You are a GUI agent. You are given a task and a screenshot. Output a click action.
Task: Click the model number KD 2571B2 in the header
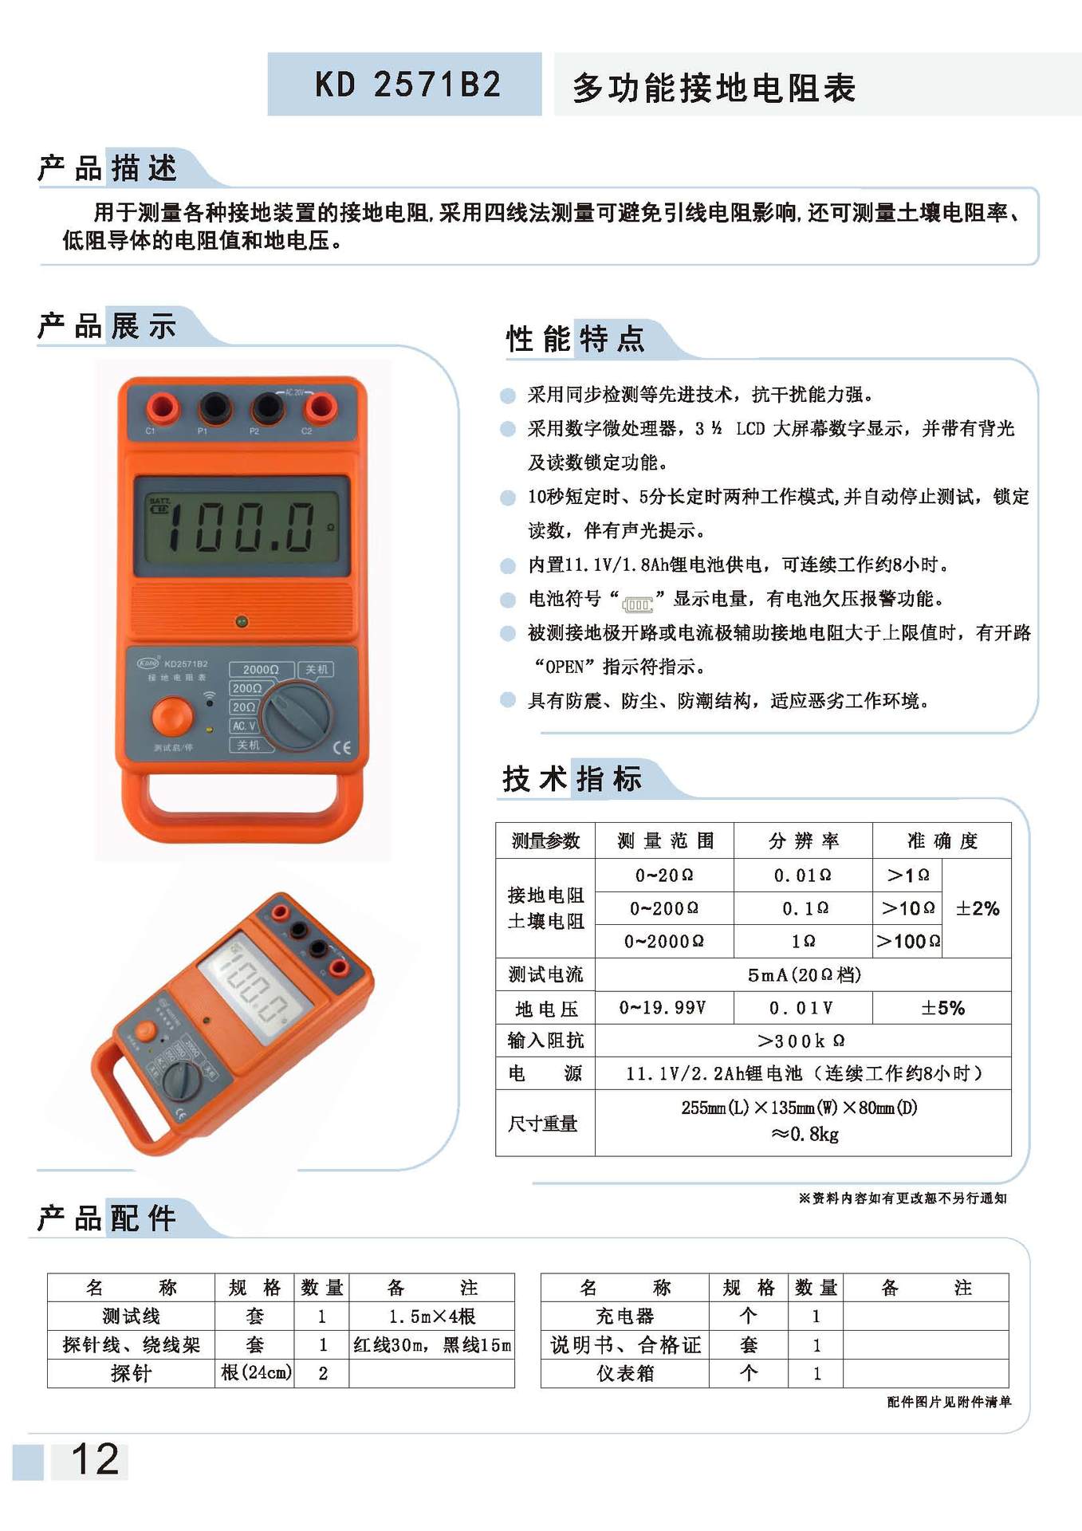tap(407, 85)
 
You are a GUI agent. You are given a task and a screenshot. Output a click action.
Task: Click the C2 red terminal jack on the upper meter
tap(321, 407)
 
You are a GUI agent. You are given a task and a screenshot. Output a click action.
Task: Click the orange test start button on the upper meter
tap(172, 716)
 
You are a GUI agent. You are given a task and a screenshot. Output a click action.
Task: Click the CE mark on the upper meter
tap(341, 747)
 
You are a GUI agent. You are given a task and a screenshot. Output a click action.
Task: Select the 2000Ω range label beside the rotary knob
tap(261, 669)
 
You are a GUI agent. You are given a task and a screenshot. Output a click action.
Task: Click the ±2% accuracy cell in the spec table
tap(977, 908)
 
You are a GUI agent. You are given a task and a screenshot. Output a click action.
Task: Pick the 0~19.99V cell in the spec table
tap(663, 1008)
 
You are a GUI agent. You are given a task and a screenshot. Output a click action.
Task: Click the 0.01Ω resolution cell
tap(802, 876)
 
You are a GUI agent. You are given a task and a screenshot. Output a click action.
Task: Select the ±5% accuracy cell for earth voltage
tap(942, 1008)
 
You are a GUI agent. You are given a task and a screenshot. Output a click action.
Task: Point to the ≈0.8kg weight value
tap(804, 1134)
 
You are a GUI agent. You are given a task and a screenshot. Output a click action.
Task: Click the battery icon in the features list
tap(638, 604)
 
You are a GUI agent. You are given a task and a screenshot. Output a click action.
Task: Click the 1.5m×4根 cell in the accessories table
tap(431, 1316)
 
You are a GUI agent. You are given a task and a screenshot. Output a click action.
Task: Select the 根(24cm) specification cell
tap(255, 1373)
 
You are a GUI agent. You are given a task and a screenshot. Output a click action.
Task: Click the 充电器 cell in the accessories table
tap(624, 1316)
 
